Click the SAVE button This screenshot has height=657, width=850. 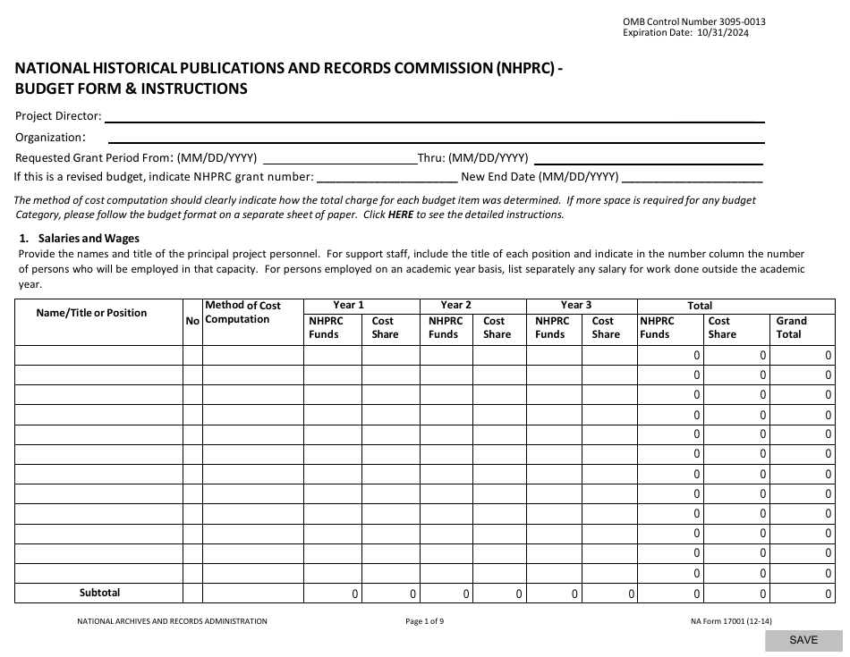(x=803, y=640)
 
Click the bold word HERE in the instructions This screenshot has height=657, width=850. (x=401, y=215)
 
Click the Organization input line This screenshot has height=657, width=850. (x=436, y=138)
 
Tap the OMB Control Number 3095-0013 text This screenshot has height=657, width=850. (x=693, y=21)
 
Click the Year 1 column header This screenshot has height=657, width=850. (x=349, y=305)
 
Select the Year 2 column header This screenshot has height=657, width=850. (x=456, y=305)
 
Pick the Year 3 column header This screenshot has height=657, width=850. (x=576, y=305)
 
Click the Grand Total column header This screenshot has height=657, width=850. (x=791, y=327)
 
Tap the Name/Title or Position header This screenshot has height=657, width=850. (x=91, y=313)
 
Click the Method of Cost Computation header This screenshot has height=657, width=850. (x=242, y=312)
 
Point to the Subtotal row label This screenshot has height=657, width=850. (x=99, y=593)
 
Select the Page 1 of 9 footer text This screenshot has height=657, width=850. (x=424, y=621)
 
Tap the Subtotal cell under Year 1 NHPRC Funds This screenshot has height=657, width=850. (x=333, y=594)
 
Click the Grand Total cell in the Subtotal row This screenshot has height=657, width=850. (x=803, y=594)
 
